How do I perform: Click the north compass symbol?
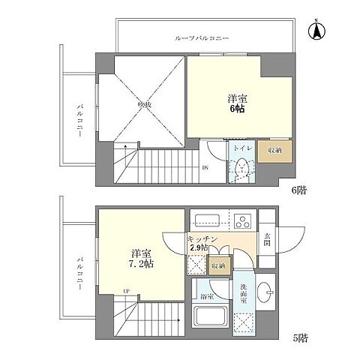[318, 31]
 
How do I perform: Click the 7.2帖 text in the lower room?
[142, 265]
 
